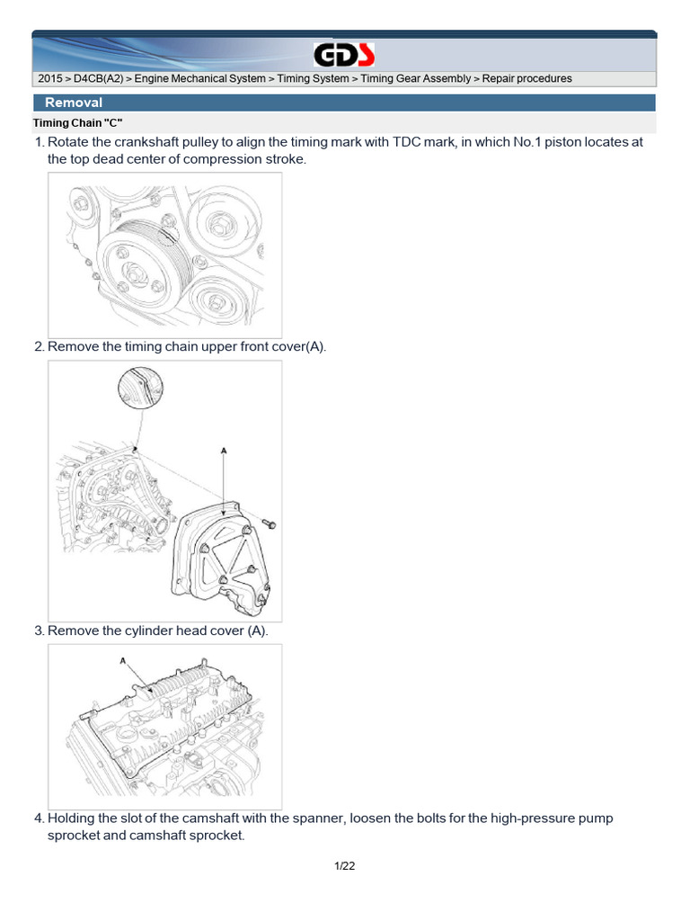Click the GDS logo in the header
(344, 56)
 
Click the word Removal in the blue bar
(74, 103)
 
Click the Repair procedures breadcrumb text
(526, 79)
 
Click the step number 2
(39, 346)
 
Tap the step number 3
(39, 630)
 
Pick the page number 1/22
(345, 866)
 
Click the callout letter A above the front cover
(223, 447)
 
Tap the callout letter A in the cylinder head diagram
(122, 660)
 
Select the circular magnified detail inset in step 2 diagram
(142, 390)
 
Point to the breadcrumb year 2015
(49, 79)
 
